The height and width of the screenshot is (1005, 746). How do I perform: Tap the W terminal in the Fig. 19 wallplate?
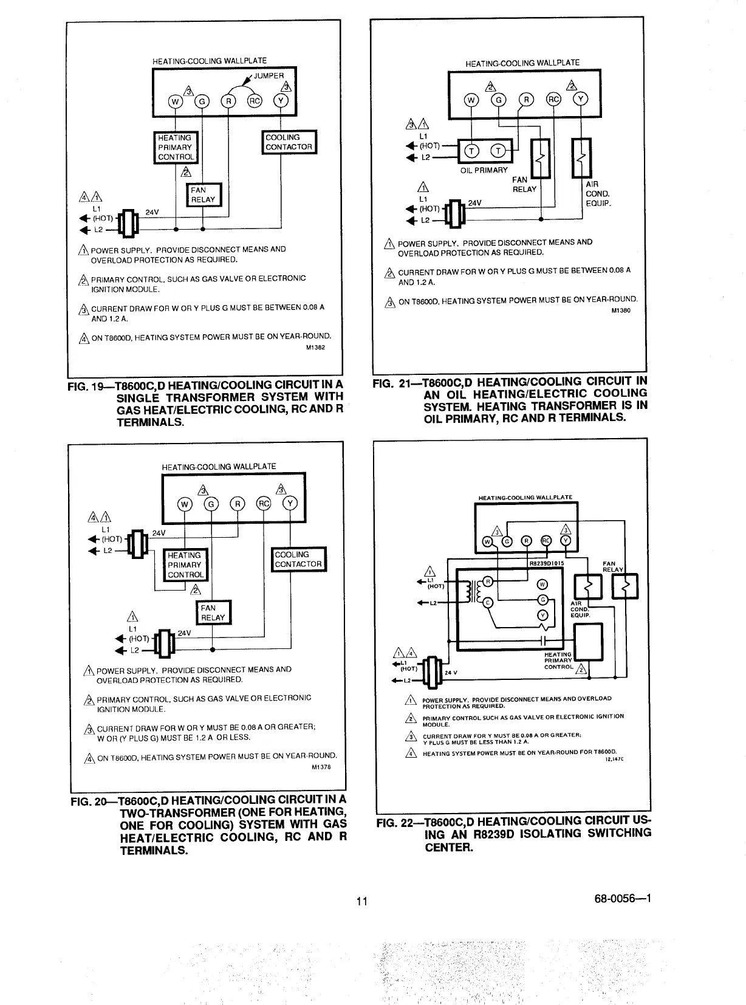click(x=174, y=101)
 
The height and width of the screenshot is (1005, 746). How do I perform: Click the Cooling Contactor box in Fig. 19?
click(x=289, y=142)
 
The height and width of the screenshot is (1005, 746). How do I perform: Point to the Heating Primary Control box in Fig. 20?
click(x=186, y=565)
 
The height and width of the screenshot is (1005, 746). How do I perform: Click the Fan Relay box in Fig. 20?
click(x=213, y=612)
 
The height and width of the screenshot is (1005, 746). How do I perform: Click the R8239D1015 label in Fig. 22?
click(x=546, y=563)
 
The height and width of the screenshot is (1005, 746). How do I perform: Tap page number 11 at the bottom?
click(x=362, y=901)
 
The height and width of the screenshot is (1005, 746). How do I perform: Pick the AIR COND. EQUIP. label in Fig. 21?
click(x=598, y=194)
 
